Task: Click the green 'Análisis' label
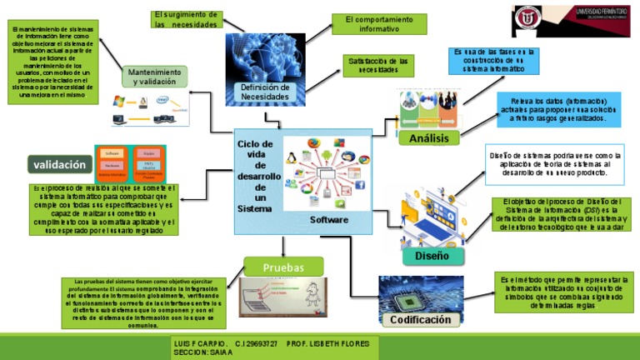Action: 429,137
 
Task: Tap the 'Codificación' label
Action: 421,320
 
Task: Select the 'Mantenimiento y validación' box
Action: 152,77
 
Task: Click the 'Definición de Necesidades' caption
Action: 265,92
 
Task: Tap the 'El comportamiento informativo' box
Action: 372,24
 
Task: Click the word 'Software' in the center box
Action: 329,220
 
